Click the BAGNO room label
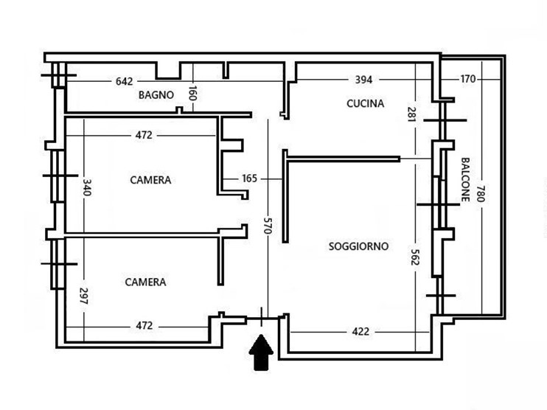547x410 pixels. pyautogui.click(x=156, y=95)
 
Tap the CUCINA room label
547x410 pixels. pyautogui.click(x=365, y=104)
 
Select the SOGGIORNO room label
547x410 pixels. pyautogui.click(x=358, y=246)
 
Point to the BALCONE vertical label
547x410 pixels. pyautogui.click(x=465, y=181)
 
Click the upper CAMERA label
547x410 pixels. pyautogui.click(x=150, y=180)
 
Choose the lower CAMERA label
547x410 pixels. pyautogui.click(x=145, y=282)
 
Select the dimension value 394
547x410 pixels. pyautogui.click(x=364, y=80)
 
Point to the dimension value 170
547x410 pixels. pyautogui.click(x=467, y=79)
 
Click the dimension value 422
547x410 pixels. pyautogui.click(x=360, y=331)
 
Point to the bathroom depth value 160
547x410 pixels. pyautogui.click(x=192, y=94)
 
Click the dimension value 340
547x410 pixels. pyautogui.click(x=86, y=187)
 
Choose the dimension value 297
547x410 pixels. pyautogui.click(x=83, y=296)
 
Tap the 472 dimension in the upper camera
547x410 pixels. pyautogui.click(x=143, y=135)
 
